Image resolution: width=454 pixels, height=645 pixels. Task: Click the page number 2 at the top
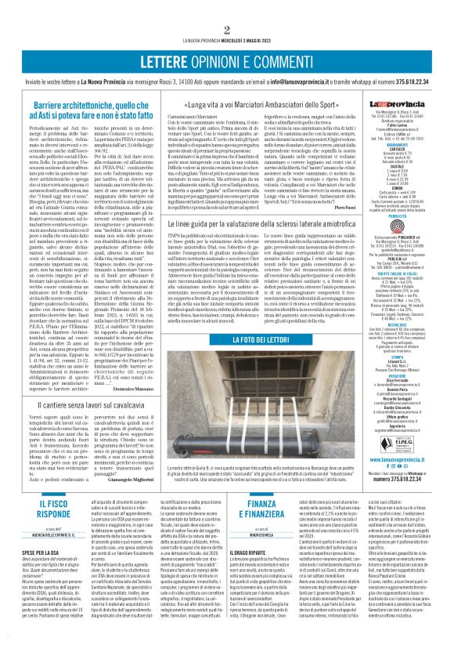click(x=226, y=9)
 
